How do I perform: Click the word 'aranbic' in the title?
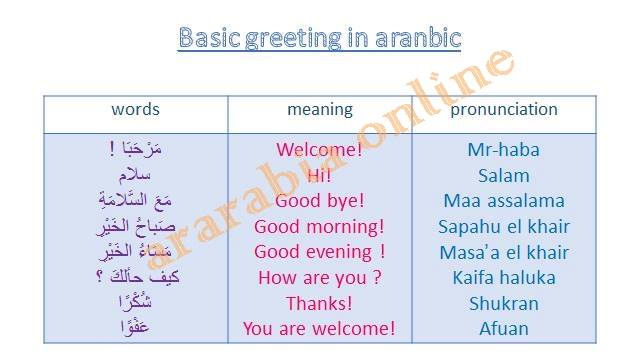tap(418, 38)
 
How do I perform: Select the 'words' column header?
tap(136, 109)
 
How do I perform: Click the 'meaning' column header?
tap(320, 110)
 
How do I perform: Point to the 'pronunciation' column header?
tap(504, 110)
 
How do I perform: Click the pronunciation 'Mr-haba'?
tap(504, 150)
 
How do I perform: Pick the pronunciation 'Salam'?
tap(504, 176)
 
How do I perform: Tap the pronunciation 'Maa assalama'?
tap(504, 201)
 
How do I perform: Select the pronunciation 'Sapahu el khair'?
tap(504, 227)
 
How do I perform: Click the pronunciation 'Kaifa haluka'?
tap(504, 278)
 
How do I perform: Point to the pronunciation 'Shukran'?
tap(504, 304)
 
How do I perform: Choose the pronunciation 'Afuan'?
tap(504, 329)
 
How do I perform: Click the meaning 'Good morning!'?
tap(319, 227)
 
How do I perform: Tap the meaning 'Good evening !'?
tap(320, 252)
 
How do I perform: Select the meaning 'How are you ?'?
tap(320, 278)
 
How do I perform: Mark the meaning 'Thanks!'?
tap(319, 304)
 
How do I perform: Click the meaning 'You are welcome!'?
tap(319, 329)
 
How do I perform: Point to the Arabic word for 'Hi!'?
tap(135, 176)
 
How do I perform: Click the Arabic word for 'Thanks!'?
tap(135, 302)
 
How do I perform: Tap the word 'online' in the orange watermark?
tap(439, 97)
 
